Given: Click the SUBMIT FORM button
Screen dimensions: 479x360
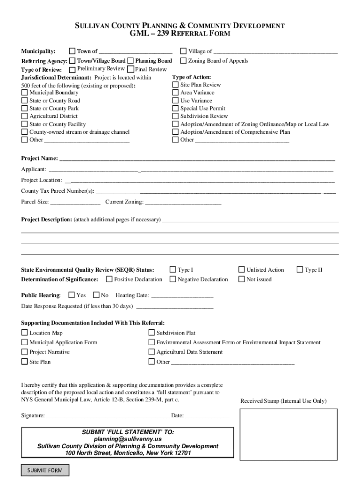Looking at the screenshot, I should click(x=45, y=470).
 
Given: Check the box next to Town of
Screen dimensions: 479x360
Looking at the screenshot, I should click(x=72, y=51).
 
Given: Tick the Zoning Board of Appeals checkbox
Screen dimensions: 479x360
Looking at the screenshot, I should click(x=184, y=61).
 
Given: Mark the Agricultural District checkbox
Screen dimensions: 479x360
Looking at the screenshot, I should click(x=24, y=116).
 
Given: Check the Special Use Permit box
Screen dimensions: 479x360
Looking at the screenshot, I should click(x=175, y=108).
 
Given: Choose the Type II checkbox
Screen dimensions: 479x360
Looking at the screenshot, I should click(x=300, y=269).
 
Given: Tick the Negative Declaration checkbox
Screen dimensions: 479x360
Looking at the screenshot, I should click(x=173, y=279).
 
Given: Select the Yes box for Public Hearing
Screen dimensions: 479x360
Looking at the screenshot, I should click(x=72, y=295).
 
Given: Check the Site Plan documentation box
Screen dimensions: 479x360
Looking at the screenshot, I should click(x=24, y=362).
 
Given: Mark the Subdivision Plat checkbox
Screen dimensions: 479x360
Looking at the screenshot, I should click(x=151, y=333).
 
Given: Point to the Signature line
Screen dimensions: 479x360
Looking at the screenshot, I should click(x=108, y=415).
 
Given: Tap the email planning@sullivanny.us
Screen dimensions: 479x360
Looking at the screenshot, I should click(x=128, y=439).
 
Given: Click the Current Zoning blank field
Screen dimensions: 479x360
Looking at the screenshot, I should click(x=183, y=203).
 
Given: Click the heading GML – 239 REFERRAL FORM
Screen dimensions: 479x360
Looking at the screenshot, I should click(x=180, y=34).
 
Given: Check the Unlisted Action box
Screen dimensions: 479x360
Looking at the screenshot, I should click(x=242, y=269).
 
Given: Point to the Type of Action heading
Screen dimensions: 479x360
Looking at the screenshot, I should click(x=191, y=77).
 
